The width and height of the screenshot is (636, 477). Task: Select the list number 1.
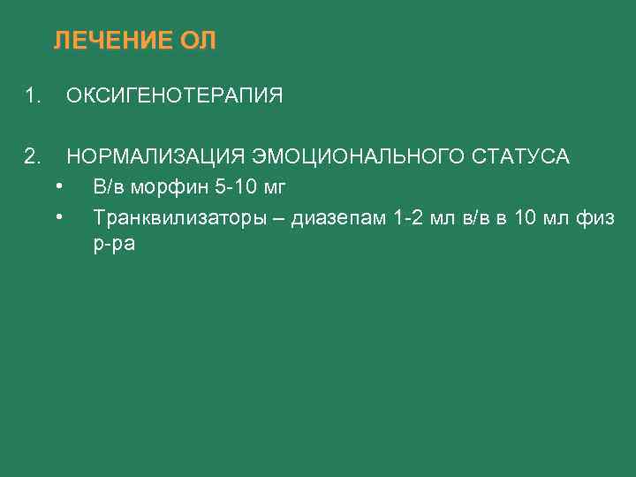(34, 95)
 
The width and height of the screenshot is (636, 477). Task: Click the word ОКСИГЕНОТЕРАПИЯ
(175, 95)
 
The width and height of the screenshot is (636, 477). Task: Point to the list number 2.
(34, 157)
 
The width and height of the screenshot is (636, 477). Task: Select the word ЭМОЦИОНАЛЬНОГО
(357, 157)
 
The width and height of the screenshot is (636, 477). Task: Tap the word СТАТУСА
(521, 157)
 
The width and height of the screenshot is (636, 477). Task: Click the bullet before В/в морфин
(57, 186)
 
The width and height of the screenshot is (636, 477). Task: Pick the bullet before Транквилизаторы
(57, 216)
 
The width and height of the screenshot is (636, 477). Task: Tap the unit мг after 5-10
(274, 187)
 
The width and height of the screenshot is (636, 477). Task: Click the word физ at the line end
(597, 217)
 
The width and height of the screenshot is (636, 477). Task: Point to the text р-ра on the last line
(114, 244)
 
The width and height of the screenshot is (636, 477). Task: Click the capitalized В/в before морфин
(110, 187)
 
